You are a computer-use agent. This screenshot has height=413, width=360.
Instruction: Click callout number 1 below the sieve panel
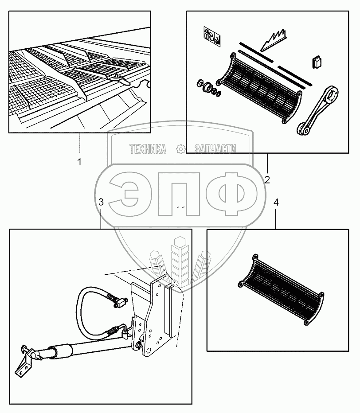tap(79, 162)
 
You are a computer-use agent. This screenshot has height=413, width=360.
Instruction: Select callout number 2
tap(267, 179)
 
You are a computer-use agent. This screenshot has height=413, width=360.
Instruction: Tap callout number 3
tap(101, 203)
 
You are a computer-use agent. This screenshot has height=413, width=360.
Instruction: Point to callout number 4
tap(276, 203)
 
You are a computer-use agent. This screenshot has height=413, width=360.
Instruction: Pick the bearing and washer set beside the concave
tap(208, 88)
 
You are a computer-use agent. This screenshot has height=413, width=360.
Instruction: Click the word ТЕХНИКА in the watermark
tap(148, 150)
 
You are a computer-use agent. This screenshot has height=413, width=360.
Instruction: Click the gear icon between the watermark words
tap(180, 150)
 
